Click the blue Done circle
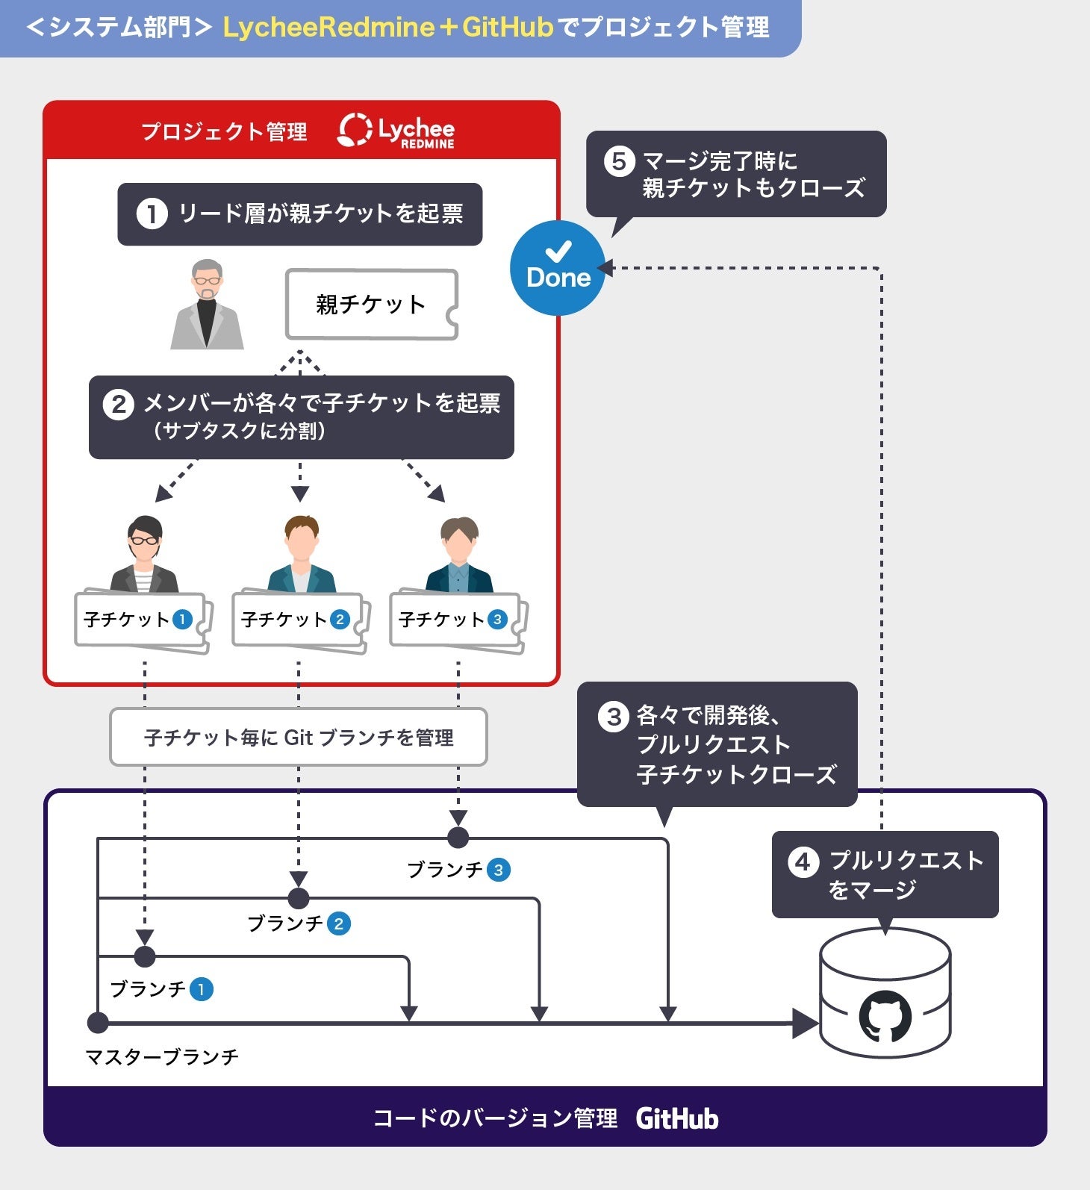[x=558, y=268]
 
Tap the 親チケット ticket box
[x=371, y=305]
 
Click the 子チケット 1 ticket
[x=140, y=620]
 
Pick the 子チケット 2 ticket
[x=297, y=620]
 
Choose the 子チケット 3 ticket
[x=455, y=620]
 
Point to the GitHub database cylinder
[x=885, y=993]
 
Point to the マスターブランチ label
[x=162, y=1056]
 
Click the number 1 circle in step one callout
[x=152, y=214]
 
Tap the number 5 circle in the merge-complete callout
[x=619, y=161]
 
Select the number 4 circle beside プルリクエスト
[x=803, y=862]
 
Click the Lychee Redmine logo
[x=396, y=131]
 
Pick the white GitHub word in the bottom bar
[x=677, y=1118]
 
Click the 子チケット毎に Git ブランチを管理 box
[x=299, y=738]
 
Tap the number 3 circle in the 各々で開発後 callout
[x=613, y=717]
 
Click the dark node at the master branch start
[x=98, y=1022]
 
